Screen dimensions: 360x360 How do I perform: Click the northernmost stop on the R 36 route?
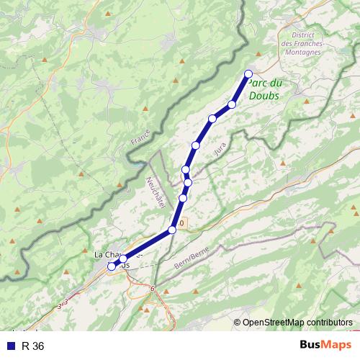[248, 73]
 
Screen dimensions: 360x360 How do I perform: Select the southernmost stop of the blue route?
[112, 266]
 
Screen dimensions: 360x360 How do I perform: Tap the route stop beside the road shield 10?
[172, 230]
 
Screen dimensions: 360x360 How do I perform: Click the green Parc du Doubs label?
[264, 89]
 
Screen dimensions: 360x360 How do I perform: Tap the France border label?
[141, 137]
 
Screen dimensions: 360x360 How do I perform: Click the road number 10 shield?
[181, 224]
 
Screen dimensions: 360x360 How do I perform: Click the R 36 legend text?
[33, 346]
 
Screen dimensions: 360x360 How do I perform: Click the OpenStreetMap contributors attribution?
[298, 322]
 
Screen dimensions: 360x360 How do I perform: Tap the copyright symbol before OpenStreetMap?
[238, 322]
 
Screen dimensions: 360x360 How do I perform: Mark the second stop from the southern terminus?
[123, 258]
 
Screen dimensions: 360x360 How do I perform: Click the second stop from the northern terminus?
[232, 105]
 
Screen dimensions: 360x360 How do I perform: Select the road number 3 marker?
[64, 301]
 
